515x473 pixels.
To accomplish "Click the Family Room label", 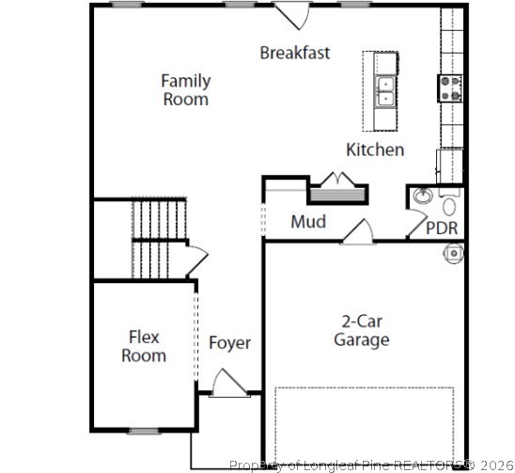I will tap(185, 89).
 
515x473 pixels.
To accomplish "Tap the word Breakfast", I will tap(294, 53).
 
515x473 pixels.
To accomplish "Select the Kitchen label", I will tap(375, 150).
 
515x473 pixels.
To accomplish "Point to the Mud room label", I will tap(307, 222).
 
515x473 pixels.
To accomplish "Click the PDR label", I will tap(442, 229).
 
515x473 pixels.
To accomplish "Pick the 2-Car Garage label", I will tap(361, 330).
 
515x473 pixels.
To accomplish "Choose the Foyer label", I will tap(229, 343).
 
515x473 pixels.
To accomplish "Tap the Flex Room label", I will tap(144, 346).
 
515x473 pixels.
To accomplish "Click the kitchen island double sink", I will tap(385, 90).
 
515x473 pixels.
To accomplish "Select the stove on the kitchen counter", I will tap(449, 88).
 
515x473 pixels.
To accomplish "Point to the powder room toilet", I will tap(449, 205).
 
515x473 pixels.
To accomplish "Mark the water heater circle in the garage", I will tap(454, 252).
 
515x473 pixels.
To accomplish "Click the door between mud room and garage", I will tap(357, 232).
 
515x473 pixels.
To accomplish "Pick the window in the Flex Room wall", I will tap(143, 431).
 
